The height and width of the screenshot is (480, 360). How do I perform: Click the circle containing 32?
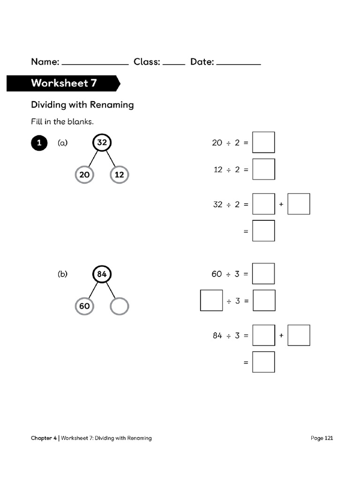click(102, 142)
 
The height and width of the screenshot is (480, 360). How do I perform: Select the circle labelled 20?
click(84, 175)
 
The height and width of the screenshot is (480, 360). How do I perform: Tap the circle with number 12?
click(119, 175)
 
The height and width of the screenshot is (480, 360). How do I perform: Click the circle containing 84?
click(102, 274)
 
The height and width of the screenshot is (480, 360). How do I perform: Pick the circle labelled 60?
click(84, 306)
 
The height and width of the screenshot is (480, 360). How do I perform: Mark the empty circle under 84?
click(119, 306)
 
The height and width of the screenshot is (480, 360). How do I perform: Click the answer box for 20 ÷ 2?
click(263, 142)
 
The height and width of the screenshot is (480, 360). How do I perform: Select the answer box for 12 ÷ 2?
click(263, 169)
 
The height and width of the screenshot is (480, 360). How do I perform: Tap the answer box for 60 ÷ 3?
click(263, 274)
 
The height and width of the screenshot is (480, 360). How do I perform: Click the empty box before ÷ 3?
click(211, 300)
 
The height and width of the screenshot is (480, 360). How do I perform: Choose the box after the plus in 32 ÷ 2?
click(299, 204)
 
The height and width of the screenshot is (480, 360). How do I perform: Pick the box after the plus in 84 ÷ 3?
click(299, 335)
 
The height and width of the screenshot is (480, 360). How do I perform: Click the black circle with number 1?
click(39, 143)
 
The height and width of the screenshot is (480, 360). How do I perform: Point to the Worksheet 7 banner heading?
click(64, 83)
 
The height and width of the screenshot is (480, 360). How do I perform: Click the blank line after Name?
click(95, 63)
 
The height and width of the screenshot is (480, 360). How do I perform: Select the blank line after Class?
click(174, 63)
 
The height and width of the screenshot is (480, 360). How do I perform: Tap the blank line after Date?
click(239, 63)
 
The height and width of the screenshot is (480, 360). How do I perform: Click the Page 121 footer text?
click(322, 438)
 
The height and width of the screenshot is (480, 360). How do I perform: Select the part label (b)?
click(62, 274)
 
